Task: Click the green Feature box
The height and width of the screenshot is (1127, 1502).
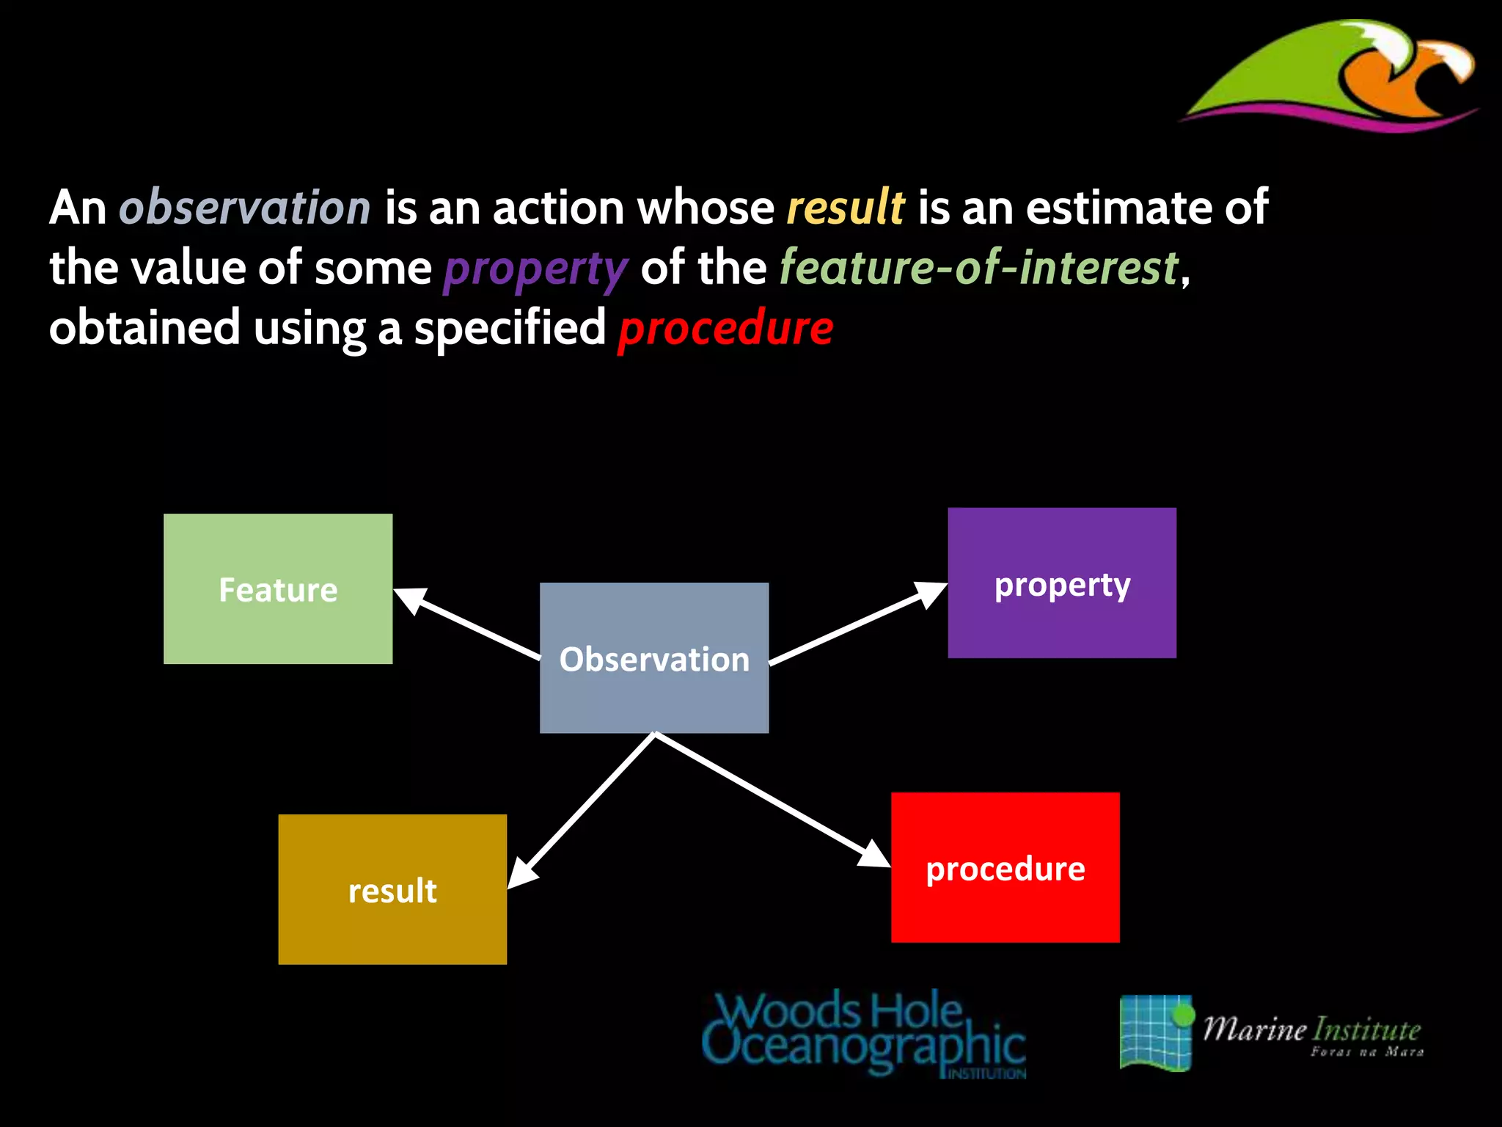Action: pyautogui.click(x=278, y=589)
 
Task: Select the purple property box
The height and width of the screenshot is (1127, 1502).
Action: pyautogui.click(x=1062, y=583)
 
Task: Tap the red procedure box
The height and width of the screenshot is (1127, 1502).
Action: pyautogui.click(x=1005, y=867)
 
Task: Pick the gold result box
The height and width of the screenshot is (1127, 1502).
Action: pyautogui.click(x=392, y=889)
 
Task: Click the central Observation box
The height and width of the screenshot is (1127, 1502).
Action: pyautogui.click(x=654, y=658)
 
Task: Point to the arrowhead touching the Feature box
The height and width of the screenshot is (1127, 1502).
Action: pyautogui.click(x=410, y=598)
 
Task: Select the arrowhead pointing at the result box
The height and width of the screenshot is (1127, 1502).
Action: pyautogui.click(x=522, y=873)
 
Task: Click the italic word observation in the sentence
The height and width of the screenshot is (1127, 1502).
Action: pyautogui.click(x=245, y=207)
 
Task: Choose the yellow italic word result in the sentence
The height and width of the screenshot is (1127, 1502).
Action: pyautogui.click(x=845, y=207)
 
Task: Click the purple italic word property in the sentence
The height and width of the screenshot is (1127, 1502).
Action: pyautogui.click(x=535, y=269)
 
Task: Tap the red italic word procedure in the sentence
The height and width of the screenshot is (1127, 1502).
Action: pyautogui.click(x=725, y=328)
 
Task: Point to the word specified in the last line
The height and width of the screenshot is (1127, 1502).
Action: pyautogui.click(x=510, y=328)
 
